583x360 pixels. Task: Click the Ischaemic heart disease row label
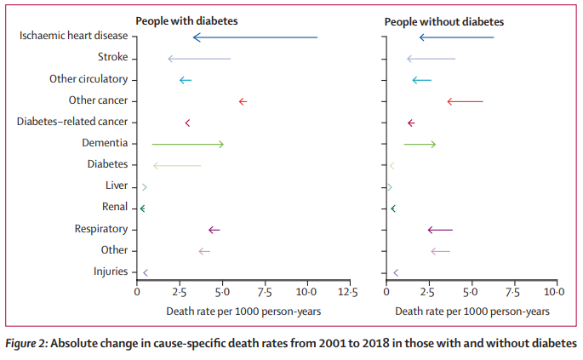coord(73,36)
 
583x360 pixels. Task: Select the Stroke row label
coord(112,57)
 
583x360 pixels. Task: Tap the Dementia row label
coord(105,142)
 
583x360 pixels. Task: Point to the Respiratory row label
coord(100,228)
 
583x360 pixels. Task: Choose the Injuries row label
coord(110,271)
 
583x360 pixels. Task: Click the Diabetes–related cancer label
coord(72,122)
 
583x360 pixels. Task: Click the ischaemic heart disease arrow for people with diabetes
coord(255,37)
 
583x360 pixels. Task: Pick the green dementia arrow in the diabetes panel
coord(187,144)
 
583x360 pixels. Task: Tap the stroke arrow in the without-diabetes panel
coord(431,59)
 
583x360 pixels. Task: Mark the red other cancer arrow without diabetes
coord(465,101)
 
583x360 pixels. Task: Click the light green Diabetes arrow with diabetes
coord(177,165)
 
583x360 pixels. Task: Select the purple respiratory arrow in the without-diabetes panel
coord(440,230)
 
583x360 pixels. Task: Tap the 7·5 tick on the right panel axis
coord(512,292)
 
